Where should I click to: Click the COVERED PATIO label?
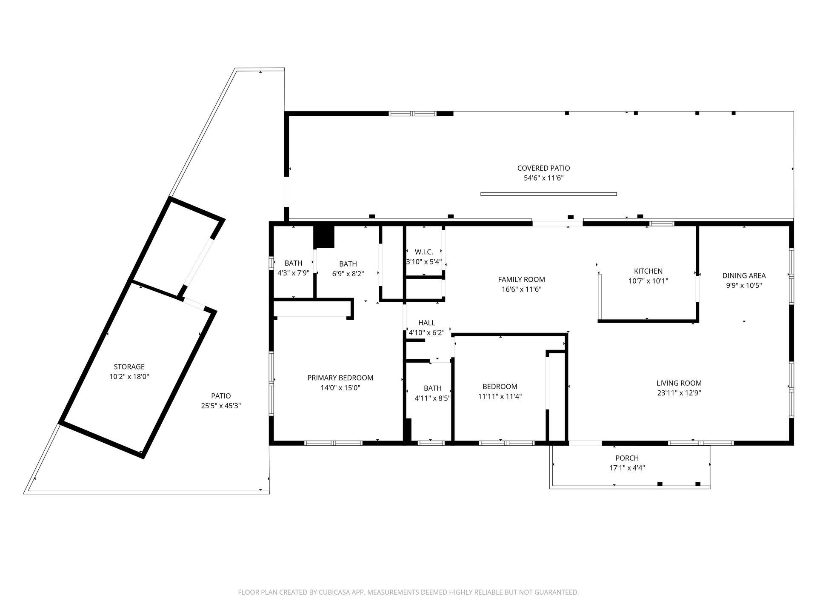tap(543, 168)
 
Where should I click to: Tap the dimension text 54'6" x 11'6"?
tap(543, 178)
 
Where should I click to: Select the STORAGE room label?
tap(129, 367)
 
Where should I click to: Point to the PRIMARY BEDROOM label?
tap(340, 378)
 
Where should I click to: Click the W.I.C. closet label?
tap(424, 252)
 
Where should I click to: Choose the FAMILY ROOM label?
tap(521, 279)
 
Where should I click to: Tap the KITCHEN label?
tap(648, 271)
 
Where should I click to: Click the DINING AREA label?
tap(744, 275)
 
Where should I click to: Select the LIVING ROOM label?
tap(679, 383)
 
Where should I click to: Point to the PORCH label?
tap(627, 458)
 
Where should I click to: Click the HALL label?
tap(426, 323)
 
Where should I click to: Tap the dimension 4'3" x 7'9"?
tap(293, 273)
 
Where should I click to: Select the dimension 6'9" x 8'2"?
tap(348, 274)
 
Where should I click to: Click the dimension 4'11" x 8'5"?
tap(432, 398)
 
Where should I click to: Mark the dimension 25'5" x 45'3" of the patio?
tap(221, 406)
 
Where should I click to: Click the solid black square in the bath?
tap(324, 237)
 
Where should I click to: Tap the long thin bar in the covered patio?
tap(548, 194)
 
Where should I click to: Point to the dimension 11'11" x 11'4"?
tap(500, 397)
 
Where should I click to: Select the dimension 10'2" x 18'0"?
tap(129, 377)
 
